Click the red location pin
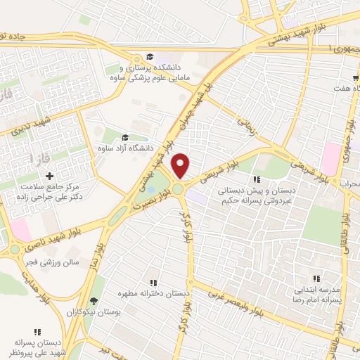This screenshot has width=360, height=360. [x=181, y=165]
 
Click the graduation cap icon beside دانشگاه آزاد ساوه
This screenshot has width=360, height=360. [x=125, y=138]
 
